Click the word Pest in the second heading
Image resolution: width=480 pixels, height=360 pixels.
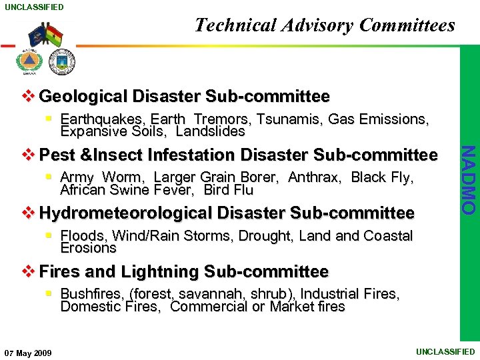(58, 155)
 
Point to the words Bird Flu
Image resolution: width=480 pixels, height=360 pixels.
(229, 190)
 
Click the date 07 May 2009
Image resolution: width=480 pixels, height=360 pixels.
(29, 353)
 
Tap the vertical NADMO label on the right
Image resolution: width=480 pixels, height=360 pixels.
(469, 180)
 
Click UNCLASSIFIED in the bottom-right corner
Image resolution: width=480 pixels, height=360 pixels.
(445, 351)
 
